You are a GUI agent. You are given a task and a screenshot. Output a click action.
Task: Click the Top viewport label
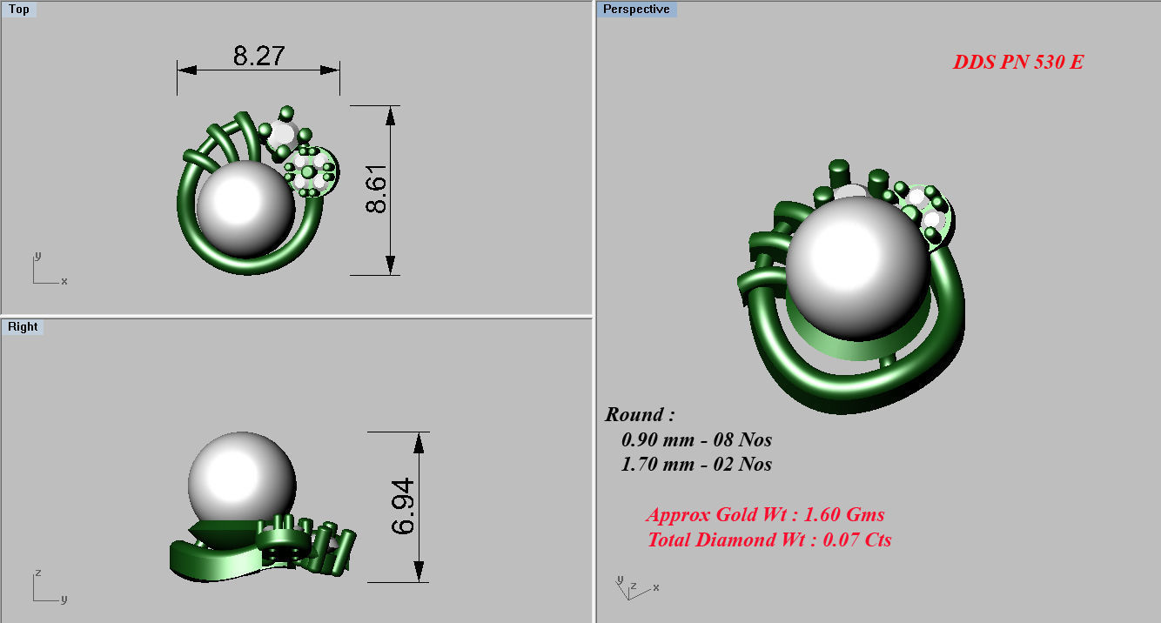18,10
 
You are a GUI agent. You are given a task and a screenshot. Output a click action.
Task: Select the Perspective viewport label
636,10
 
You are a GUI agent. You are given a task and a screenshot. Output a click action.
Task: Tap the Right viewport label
23,327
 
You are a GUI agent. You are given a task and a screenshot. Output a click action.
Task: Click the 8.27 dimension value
258,57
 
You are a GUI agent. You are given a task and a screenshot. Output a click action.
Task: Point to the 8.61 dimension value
379,190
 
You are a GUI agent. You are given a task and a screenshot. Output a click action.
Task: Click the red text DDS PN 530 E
1017,63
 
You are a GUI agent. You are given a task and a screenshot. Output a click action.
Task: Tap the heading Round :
640,415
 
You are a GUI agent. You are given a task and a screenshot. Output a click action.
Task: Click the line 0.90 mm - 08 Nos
696,440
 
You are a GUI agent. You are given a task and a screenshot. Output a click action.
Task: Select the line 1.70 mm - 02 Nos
696,465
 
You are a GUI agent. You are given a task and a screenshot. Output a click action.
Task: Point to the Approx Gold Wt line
765,515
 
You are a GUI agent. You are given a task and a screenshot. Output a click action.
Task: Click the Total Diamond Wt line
769,540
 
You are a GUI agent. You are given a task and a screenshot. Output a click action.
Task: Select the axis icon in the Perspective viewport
634,588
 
